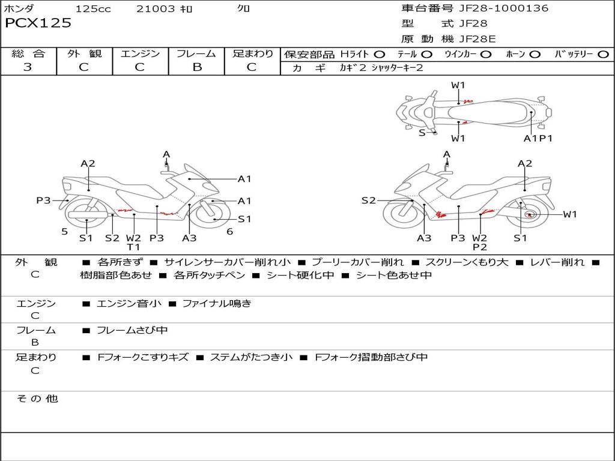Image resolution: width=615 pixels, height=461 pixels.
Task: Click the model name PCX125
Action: [38, 23]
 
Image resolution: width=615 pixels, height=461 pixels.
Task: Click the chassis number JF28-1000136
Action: [504, 8]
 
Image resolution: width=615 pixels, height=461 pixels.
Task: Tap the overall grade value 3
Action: [28, 67]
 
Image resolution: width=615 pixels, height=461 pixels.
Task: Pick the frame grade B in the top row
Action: [197, 67]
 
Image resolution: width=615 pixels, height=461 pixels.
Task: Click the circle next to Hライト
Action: [380, 55]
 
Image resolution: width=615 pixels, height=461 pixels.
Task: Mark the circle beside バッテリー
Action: [604, 55]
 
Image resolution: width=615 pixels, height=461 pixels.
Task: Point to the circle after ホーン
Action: [535, 55]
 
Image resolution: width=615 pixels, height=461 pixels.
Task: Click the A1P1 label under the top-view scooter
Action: [538, 139]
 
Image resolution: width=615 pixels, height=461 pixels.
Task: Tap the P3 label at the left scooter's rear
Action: [43, 200]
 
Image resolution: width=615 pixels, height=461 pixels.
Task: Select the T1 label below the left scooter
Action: [133, 247]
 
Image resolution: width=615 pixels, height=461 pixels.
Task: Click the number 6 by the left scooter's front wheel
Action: [230, 232]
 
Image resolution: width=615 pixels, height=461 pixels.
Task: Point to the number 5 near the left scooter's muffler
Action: [65, 232]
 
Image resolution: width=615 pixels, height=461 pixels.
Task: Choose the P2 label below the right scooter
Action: [480, 247]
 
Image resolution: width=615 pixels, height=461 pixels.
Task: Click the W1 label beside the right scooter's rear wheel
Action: [570, 214]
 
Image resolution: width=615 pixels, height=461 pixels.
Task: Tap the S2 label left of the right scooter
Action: [369, 200]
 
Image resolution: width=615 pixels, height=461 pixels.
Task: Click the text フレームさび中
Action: [132, 330]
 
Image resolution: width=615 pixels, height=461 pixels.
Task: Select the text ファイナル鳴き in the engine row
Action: [216, 303]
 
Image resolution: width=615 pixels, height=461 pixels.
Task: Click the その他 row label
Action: [37, 399]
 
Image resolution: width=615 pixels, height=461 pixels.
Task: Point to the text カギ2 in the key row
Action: [353, 68]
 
